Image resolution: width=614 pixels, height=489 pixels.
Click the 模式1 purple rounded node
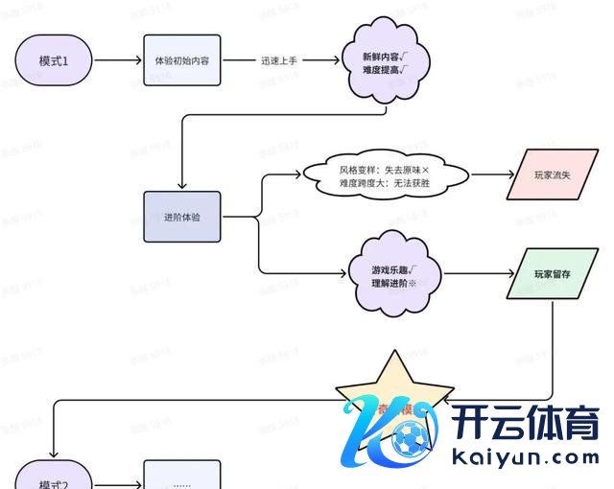(54, 59)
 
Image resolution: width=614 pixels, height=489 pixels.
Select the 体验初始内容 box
(182, 59)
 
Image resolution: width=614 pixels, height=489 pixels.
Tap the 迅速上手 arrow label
(280, 59)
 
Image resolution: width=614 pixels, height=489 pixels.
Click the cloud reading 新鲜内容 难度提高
(384, 62)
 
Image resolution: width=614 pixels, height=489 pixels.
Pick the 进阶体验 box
(182, 217)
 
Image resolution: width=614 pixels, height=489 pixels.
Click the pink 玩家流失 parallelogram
(553, 175)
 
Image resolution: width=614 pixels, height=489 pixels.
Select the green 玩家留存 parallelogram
(553, 274)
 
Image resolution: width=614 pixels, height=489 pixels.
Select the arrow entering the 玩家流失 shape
(489, 175)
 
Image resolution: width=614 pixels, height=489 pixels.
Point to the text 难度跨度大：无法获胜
(383, 182)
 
